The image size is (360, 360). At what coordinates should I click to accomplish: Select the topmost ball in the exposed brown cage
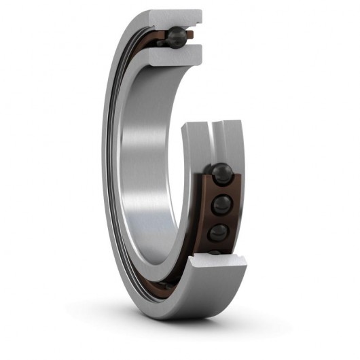pos(221,173)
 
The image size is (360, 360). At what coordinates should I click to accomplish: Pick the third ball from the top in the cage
pos(219,233)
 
